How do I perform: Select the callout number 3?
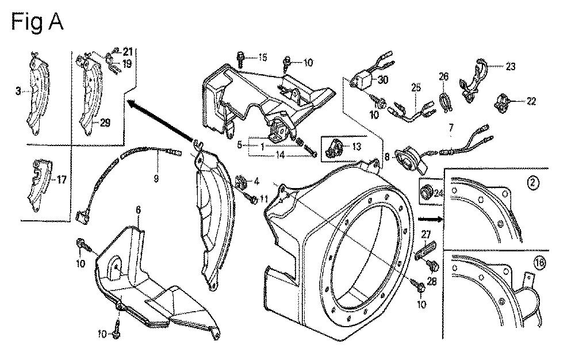click(18, 90)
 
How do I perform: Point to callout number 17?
click(62, 179)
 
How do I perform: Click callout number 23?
click(511, 67)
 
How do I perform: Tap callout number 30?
click(383, 80)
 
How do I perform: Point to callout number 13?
click(356, 147)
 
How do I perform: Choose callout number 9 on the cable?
click(155, 178)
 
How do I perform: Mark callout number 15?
click(262, 57)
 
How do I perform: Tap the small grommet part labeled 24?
click(427, 190)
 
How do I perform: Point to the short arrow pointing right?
click(430, 219)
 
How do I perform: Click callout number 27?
click(426, 235)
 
